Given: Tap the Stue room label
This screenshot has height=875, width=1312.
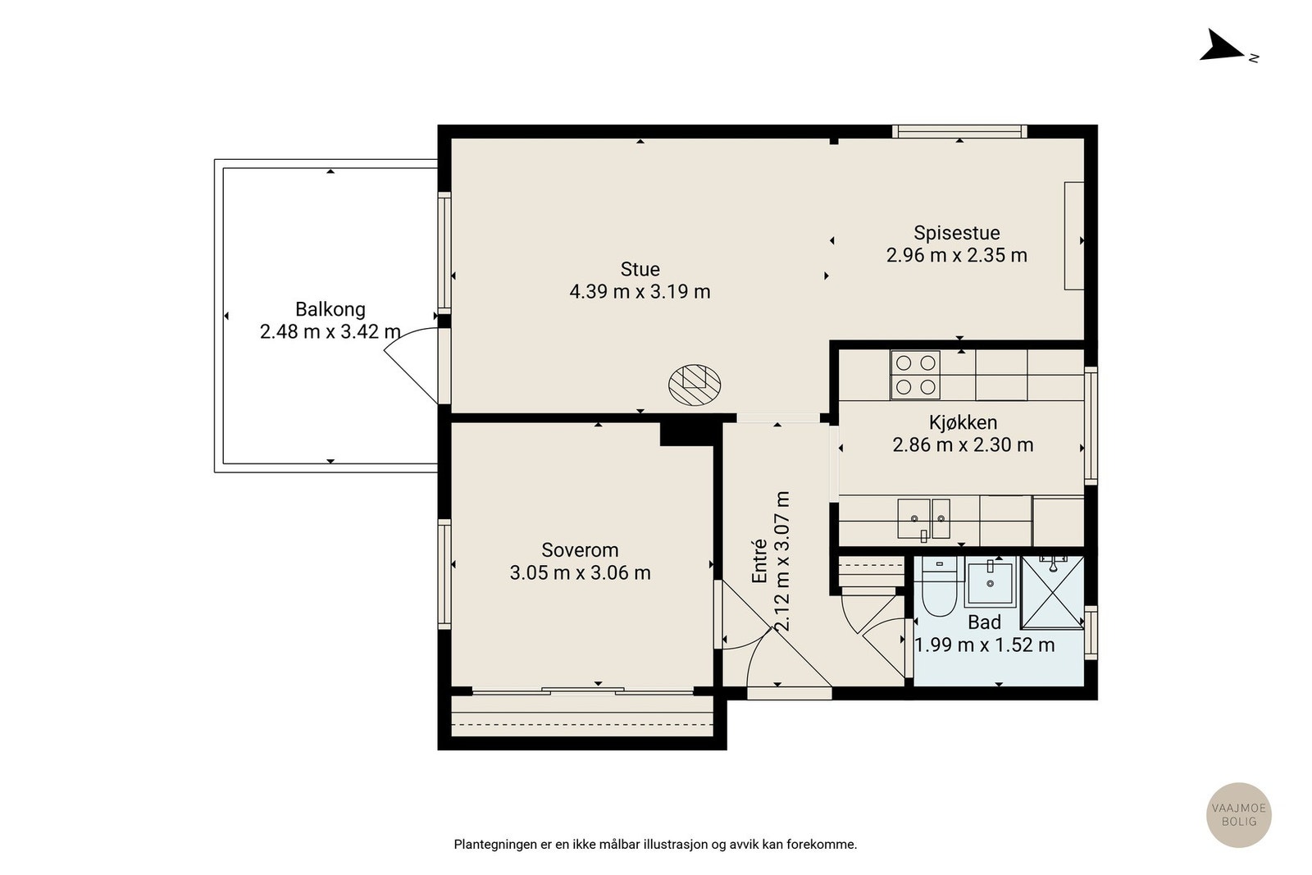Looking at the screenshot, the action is click(640, 270).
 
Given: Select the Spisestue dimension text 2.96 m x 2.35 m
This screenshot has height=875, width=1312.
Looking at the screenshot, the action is click(956, 255).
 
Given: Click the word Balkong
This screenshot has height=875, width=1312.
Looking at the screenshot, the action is click(330, 309).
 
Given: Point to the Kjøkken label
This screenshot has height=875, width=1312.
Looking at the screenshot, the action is click(963, 423).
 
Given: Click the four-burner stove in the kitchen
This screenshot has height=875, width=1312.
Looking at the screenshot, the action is click(915, 375).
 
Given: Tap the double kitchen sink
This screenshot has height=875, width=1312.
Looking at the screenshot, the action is click(923, 519).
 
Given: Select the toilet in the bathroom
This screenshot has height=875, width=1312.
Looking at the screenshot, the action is click(939, 586).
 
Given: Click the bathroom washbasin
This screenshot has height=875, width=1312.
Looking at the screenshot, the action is click(990, 581).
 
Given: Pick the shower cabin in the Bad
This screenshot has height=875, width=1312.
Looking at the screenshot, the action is click(1053, 593).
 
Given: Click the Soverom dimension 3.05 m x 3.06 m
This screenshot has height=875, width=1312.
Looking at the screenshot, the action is click(580, 572).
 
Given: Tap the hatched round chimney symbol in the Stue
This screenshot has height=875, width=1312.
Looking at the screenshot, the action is click(695, 385).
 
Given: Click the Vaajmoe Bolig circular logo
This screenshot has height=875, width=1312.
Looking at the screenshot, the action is click(1239, 814).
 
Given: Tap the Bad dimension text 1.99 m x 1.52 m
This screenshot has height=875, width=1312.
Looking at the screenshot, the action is click(985, 645).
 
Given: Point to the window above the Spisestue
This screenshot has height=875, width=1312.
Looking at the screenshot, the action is click(959, 131).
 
